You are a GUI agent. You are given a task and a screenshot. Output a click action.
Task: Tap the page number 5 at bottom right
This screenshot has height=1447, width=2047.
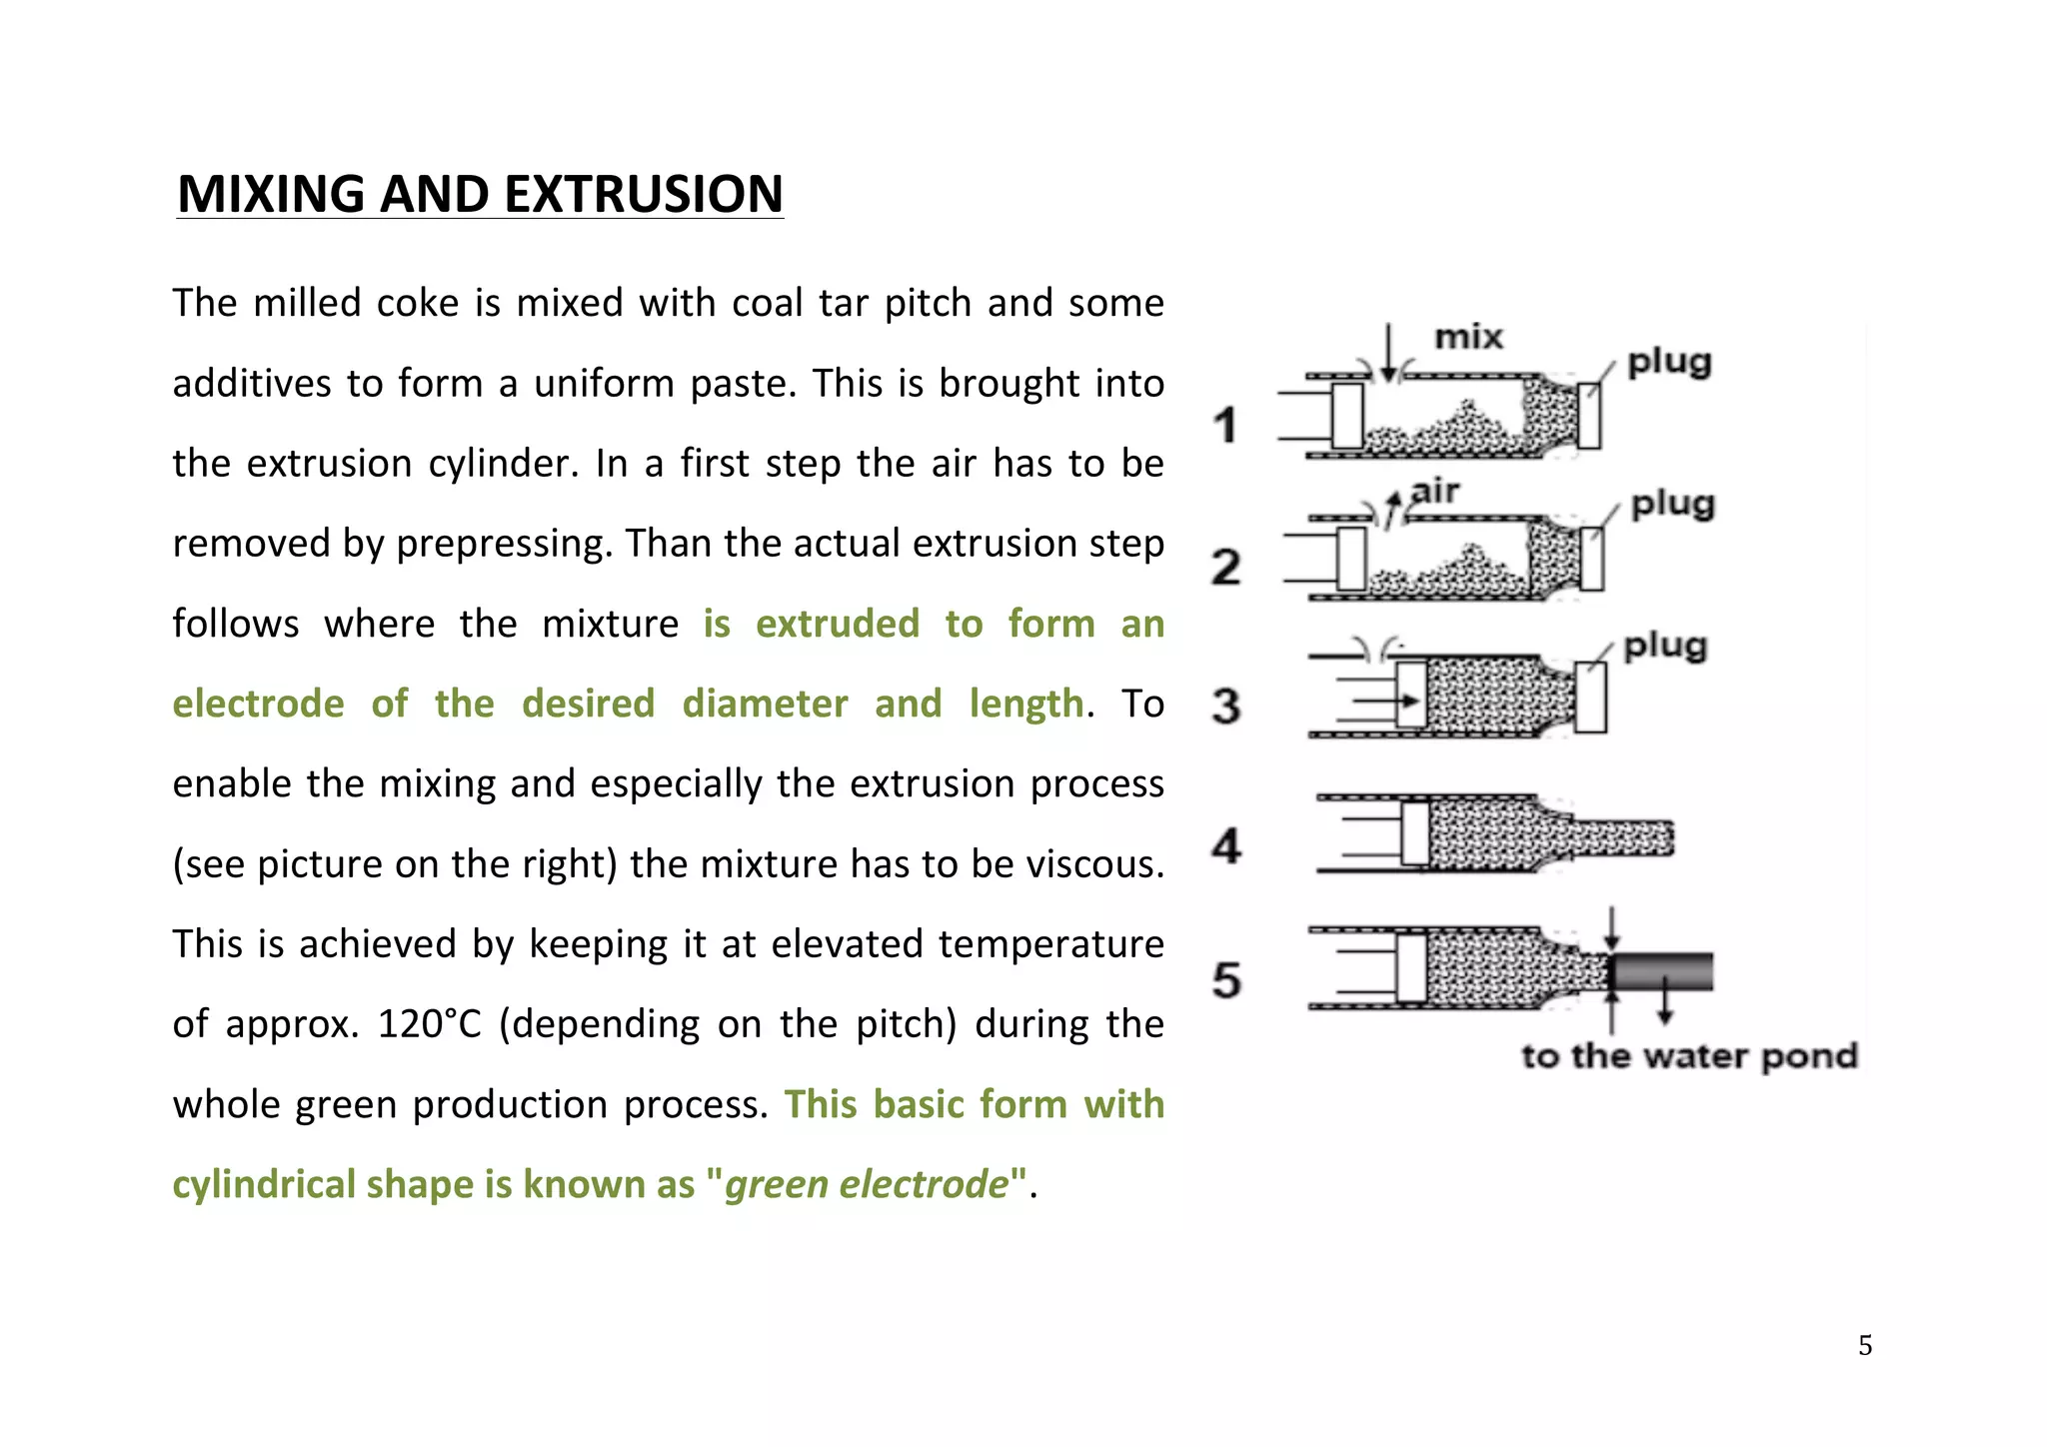click(1865, 1345)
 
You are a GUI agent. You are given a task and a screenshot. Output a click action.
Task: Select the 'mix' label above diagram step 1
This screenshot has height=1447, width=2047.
click(1468, 338)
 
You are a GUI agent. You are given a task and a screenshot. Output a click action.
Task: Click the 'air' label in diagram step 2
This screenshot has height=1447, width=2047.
click(1435, 492)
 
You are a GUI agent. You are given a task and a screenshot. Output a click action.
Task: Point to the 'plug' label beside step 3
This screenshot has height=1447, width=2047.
click(1665, 647)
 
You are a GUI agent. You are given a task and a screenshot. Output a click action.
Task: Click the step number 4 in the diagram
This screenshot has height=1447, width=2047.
click(1226, 845)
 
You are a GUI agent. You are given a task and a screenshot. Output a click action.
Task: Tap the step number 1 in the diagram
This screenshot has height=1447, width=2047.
click(1225, 425)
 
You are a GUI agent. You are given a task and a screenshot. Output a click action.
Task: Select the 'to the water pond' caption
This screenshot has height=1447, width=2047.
click(1689, 1056)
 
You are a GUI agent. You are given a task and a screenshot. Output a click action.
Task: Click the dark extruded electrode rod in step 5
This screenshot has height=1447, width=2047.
click(1664, 971)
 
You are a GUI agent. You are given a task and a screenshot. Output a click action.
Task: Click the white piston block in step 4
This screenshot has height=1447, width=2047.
click(1415, 833)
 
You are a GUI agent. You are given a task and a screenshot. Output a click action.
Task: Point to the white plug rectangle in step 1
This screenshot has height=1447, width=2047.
click(1588, 416)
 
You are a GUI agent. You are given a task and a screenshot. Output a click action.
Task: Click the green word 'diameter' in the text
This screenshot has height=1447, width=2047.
click(765, 704)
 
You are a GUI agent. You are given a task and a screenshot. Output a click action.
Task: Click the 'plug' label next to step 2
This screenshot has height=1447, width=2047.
click(1672, 505)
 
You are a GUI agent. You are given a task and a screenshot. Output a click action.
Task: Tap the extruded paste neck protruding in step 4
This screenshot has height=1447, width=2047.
click(1619, 837)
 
